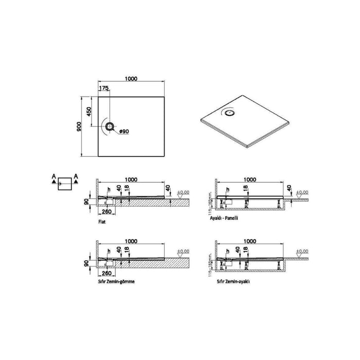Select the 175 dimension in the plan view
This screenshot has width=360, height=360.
(104, 88)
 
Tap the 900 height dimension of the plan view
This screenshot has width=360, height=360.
(80, 126)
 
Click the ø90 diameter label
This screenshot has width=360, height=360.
(123, 132)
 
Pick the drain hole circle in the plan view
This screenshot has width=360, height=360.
(110, 126)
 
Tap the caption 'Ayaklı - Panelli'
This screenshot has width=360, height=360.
(230, 218)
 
